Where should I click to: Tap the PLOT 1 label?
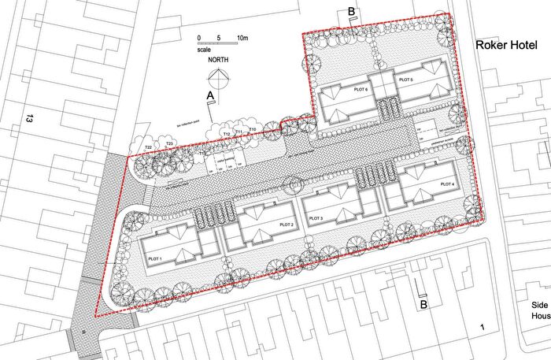click(154, 259)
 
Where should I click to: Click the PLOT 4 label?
click(446, 184)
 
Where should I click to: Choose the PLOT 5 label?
click(405, 80)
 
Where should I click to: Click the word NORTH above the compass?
click(218, 59)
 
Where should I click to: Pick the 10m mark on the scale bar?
click(243, 38)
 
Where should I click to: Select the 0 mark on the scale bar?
click(199, 38)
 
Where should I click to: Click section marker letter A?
click(209, 95)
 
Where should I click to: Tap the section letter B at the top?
click(350, 11)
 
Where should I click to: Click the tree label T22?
click(147, 147)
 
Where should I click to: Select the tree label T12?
click(226, 135)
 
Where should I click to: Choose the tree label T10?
click(252, 128)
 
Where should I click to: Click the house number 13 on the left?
click(29, 120)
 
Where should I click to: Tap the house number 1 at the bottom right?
click(482, 326)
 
